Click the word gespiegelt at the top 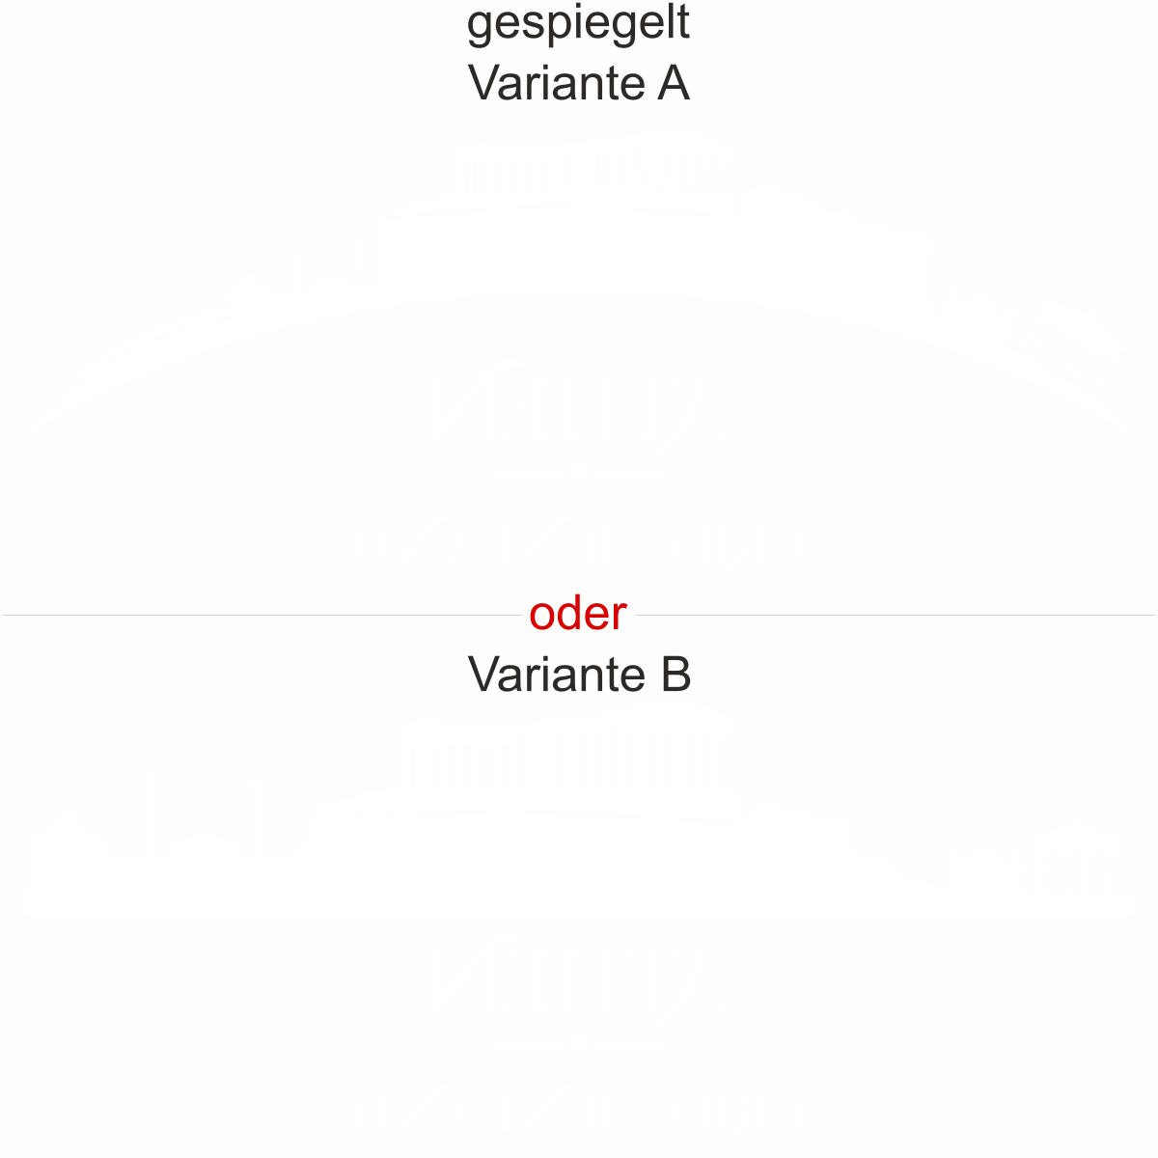578,25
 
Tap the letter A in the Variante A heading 674,83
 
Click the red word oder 578,614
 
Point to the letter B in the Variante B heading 675,674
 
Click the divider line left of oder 261,615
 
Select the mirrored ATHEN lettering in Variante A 577,400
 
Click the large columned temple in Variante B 569,758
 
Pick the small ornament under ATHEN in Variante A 577,474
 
